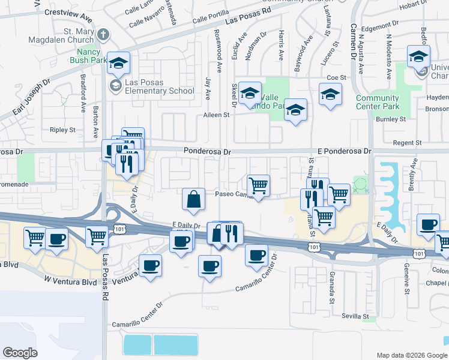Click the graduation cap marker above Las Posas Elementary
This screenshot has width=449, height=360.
119,62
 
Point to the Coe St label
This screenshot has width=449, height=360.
337,77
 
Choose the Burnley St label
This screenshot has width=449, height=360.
390,119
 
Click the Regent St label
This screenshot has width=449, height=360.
406,143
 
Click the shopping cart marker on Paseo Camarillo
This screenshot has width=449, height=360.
258,186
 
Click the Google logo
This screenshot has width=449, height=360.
20,353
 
